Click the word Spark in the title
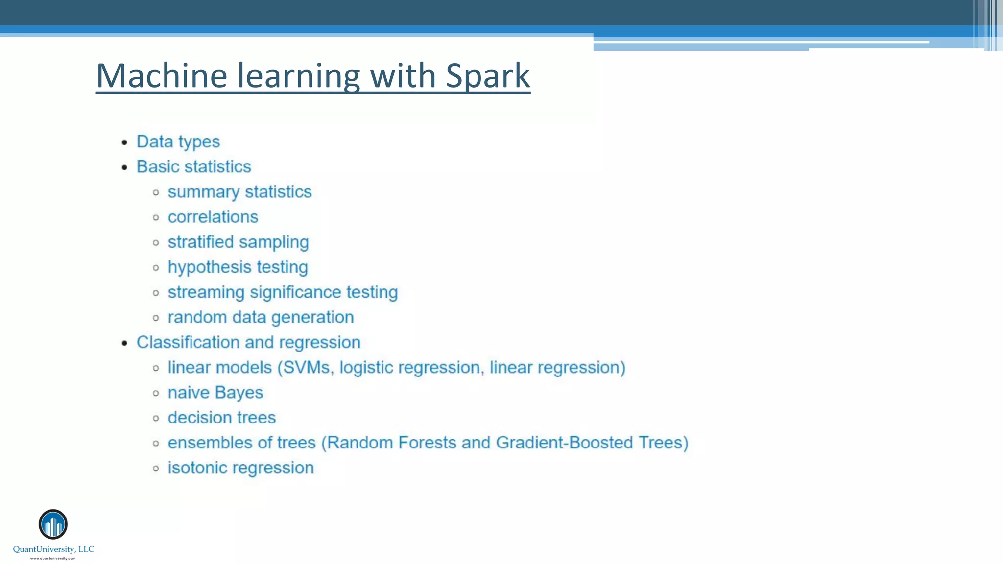pos(488,76)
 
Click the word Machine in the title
pos(162,76)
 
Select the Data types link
pos(178,141)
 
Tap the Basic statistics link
pos(193,166)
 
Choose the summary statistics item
pos(239,192)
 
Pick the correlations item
pos(213,217)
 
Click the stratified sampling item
pos(238,242)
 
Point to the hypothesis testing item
pos(238,267)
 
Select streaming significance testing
pos(283,292)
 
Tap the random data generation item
pos(261,317)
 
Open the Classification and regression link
pos(248,342)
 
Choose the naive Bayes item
pos(215,393)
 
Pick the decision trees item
pos(221,418)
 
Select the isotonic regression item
pos(240,468)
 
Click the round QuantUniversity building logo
pos(53,524)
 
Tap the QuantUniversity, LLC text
pos(53,549)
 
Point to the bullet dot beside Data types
pos(125,142)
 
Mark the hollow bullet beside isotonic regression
pos(156,469)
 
